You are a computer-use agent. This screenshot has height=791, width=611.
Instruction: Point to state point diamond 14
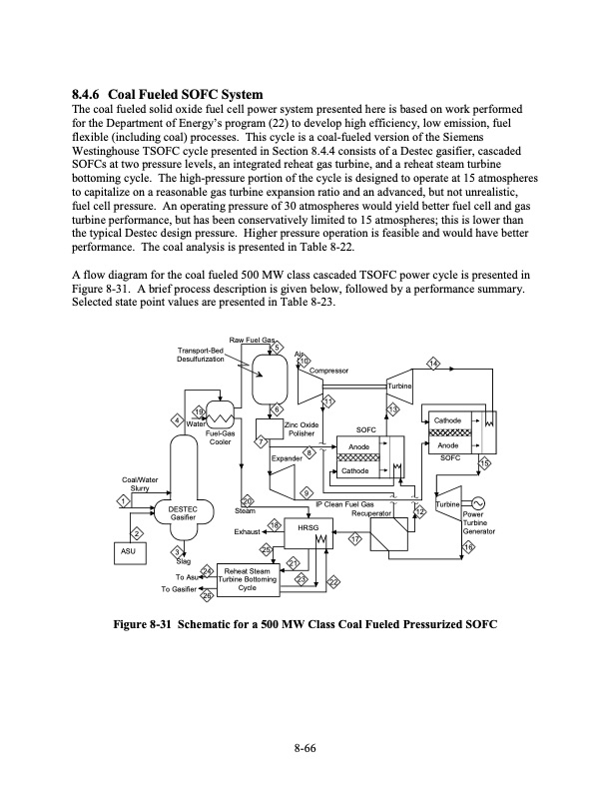tap(433, 365)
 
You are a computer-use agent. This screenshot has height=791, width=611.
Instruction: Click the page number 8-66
tap(305, 750)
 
